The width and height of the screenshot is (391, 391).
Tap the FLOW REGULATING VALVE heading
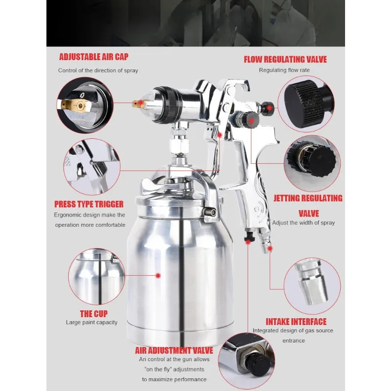click(x=285, y=60)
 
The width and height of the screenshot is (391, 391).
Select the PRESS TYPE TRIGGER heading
click(x=89, y=204)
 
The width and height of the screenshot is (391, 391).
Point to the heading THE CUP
click(x=94, y=313)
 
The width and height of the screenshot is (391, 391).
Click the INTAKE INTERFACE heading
click(x=296, y=322)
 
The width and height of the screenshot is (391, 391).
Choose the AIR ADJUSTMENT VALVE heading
click(x=174, y=350)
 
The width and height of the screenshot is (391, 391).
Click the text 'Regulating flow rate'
click(x=284, y=70)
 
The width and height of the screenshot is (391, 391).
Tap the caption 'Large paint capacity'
click(x=92, y=323)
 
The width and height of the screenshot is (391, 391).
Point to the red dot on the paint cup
click(x=158, y=276)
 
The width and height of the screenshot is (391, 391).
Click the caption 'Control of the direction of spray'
click(x=98, y=70)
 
